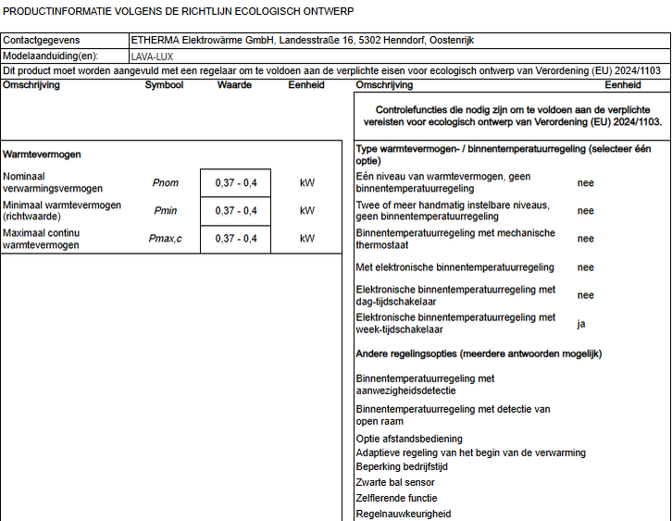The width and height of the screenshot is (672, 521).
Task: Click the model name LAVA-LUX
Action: (x=152, y=56)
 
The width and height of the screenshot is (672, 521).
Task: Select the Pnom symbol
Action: (x=166, y=182)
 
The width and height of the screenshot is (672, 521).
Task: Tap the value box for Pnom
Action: (x=236, y=183)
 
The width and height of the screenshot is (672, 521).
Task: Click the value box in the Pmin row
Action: (x=236, y=211)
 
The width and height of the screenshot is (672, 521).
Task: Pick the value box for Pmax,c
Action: (x=236, y=239)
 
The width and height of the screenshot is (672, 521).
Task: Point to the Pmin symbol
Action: (x=165, y=211)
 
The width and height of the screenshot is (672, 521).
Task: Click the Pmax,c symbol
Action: (x=166, y=239)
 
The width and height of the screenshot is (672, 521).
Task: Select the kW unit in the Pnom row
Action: (x=307, y=183)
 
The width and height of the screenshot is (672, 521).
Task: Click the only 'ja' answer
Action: (x=581, y=324)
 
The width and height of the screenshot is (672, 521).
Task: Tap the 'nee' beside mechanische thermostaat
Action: (x=585, y=239)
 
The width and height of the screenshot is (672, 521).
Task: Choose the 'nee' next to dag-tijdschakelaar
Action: (x=585, y=295)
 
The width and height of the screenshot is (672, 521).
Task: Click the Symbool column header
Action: (x=164, y=85)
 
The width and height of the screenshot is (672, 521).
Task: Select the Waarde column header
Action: (x=234, y=85)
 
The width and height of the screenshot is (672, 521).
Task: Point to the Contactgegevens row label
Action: (x=41, y=41)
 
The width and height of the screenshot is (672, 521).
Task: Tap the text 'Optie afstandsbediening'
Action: (x=409, y=439)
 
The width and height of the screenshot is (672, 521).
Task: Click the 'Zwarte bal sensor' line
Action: (x=395, y=482)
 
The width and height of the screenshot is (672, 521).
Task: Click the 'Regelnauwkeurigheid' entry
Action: (x=404, y=514)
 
